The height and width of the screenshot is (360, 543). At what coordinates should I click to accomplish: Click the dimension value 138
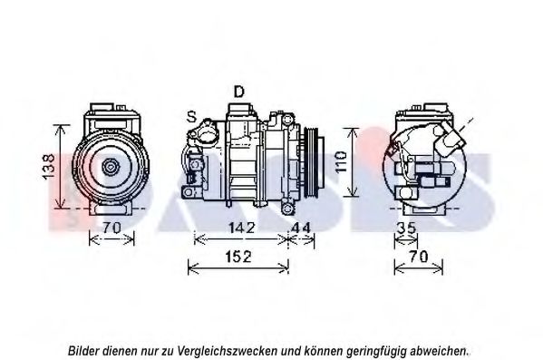tap(48, 166)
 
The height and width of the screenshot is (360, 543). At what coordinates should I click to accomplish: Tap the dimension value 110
tap(342, 161)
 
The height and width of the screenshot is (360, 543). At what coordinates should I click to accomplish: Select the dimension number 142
tap(241, 228)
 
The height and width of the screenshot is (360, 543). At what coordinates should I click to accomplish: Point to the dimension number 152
tap(238, 257)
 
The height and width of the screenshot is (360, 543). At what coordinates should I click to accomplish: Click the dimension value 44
tap(301, 228)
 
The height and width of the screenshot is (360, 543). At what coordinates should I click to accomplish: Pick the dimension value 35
tap(406, 228)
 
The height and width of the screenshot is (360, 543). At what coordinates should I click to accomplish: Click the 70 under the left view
tap(112, 228)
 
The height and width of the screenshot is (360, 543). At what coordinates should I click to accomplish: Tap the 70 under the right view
tap(419, 257)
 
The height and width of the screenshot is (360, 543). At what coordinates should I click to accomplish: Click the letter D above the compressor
tap(239, 92)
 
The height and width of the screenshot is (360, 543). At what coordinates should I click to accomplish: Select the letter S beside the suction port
tap(191, 117)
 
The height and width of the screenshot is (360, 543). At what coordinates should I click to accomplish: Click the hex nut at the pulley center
tap(111, 167)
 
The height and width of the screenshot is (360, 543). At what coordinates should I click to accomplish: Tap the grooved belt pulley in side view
tap(314, 163)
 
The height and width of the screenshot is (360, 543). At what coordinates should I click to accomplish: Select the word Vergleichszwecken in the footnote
tap(228, 351)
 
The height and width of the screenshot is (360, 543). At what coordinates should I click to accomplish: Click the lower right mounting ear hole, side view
tap(287, 209)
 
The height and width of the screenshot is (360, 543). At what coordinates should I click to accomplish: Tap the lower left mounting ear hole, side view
tap(188, 192)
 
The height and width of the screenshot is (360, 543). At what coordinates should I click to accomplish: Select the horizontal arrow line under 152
tap(238, 268)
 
